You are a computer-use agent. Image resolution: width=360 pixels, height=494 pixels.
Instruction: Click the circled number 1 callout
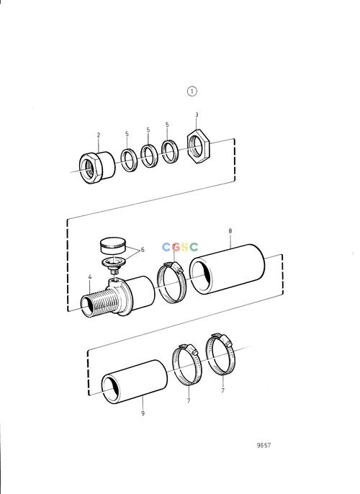pyautogui.click(x=192, y=91)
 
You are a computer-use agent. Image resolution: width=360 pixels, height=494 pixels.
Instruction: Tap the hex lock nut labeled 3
pyautogui.click(x=198, y=146)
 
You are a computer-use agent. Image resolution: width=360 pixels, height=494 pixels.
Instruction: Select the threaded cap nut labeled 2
pyautogui.click(x=97, y=167)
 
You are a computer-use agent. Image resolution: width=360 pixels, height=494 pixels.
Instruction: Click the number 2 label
pyautogui.click(x=99, y=135)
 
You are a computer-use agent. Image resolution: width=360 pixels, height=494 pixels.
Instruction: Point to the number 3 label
pyautogui.click(x=197, y=114)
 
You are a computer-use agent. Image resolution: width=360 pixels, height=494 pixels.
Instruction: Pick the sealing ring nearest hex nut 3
pyautogui.click(x=170, y=151)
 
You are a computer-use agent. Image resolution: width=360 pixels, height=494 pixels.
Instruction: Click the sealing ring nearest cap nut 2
pyautogui.click(x=129, y=160)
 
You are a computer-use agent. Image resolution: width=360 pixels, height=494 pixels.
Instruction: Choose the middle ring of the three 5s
pyautogui.click(x=149, y=156)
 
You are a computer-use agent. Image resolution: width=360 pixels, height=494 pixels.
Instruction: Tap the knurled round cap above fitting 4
pyautogui.click(x=113, y=245)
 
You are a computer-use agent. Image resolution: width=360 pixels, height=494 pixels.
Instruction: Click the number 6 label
pyautogui.click(x=143, y=249)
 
